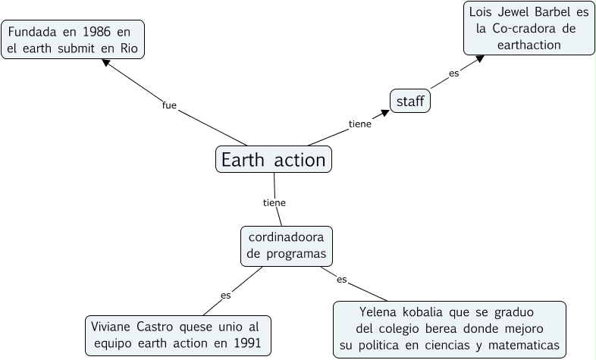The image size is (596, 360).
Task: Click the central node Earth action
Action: pyautogui.click(x=274, y=159)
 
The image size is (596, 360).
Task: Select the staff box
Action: pyautogui.click(x=410, y=101)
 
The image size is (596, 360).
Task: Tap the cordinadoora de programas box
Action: pyautogui.click(x=287, y=246)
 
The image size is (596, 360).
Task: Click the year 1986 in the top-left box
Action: pyautogui.click(x=89, y=33)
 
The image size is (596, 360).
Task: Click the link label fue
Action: pyautogui.click(x=169, y=105)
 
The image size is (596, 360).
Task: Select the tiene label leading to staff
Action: pyautogui.click(x=359, y=124)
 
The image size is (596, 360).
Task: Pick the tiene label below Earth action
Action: pyautogui.click(x=274, y=202)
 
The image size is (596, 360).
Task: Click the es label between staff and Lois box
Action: pyautogui.click(x=453, y=74)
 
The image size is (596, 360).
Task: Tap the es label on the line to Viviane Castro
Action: pyautogui.click(x=225, y=295)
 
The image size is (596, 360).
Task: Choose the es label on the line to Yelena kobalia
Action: pyautogui.click(x=341, y=280)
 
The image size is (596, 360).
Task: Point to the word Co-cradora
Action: pyautogui.click(x=523, y=28)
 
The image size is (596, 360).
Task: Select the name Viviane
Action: pyautogui.click(x=113, y=327)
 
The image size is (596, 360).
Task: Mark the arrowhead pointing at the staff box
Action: pyautogui.click(x=385, y=113)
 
